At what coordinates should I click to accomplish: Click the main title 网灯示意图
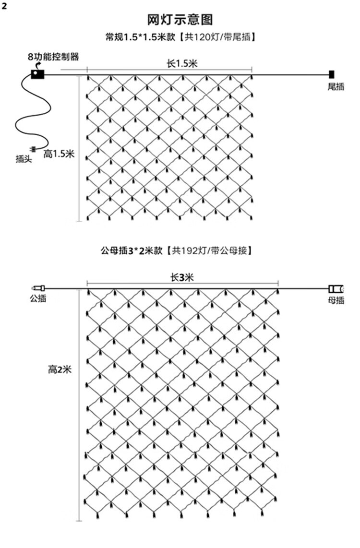click(180, 20)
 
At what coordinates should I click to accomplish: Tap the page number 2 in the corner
click(4, 6)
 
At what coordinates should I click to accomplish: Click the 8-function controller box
click(37, 74)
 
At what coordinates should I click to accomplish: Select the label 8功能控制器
click(53, 56)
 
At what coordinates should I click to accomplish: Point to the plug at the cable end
click(33, 149)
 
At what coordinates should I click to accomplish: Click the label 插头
click(24, 159)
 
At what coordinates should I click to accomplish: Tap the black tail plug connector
click(331, 74)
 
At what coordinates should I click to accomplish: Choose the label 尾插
click(336, 86)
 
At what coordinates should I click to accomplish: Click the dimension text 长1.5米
click(182, 63)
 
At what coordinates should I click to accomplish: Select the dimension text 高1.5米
click(59, 154)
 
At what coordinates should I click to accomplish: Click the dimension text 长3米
click(182, 277)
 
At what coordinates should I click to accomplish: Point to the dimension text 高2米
click(60, 369)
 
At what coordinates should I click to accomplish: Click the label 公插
click(38, 298)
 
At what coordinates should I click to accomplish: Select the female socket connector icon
click(336, 289)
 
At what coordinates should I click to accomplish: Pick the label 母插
click(336, 300)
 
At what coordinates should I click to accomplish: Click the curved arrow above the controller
click(37, 65)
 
